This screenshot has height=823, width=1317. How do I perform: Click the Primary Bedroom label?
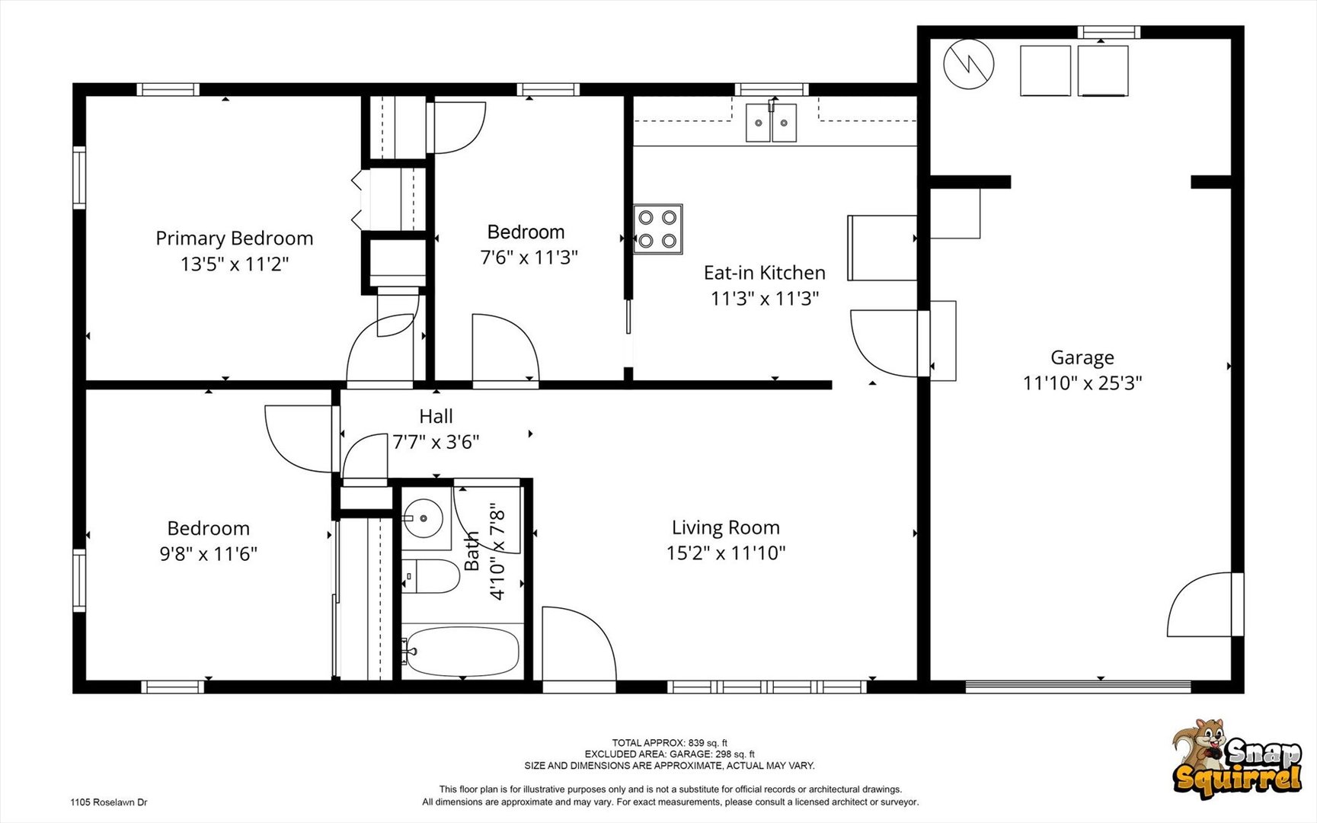pyautogui.click(x=234, y=239)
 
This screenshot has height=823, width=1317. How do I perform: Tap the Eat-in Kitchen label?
pyautogui.click(x=764, y=273)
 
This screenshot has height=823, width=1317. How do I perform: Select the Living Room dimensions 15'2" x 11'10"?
pyautogui.click(x=726, y=552)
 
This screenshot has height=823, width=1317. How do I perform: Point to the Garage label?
pyautogui.click(x=1082, y=357)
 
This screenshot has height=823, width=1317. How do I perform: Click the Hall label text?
pyautogui.click(x=436, y=416)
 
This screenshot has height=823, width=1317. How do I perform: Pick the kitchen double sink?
pyautogui.click(x=772, y=123)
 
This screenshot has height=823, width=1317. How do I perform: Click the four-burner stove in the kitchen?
pyautogui.click(x=657, y=229)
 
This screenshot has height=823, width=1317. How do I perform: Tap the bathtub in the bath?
pyautogui.click(x=462, y=652)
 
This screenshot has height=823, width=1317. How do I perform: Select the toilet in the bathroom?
pyautogui.click(x=431, y=577)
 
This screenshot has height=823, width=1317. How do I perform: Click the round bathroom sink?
pyautogui.click(x=424, y=518)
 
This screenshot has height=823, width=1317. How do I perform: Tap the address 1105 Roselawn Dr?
pyautogui.click(x=109, y=802)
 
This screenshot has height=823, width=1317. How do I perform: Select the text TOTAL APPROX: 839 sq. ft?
pyautogui.click(x=670, y=743)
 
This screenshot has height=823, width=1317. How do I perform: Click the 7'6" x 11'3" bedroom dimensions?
pyautogui.click(x=529, y=258)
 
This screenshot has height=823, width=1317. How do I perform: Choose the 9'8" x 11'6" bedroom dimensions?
pyautogui.click(x=208, y=554)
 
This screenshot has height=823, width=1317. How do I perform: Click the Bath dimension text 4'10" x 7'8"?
pyautogui.click(x=497, y=550)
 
